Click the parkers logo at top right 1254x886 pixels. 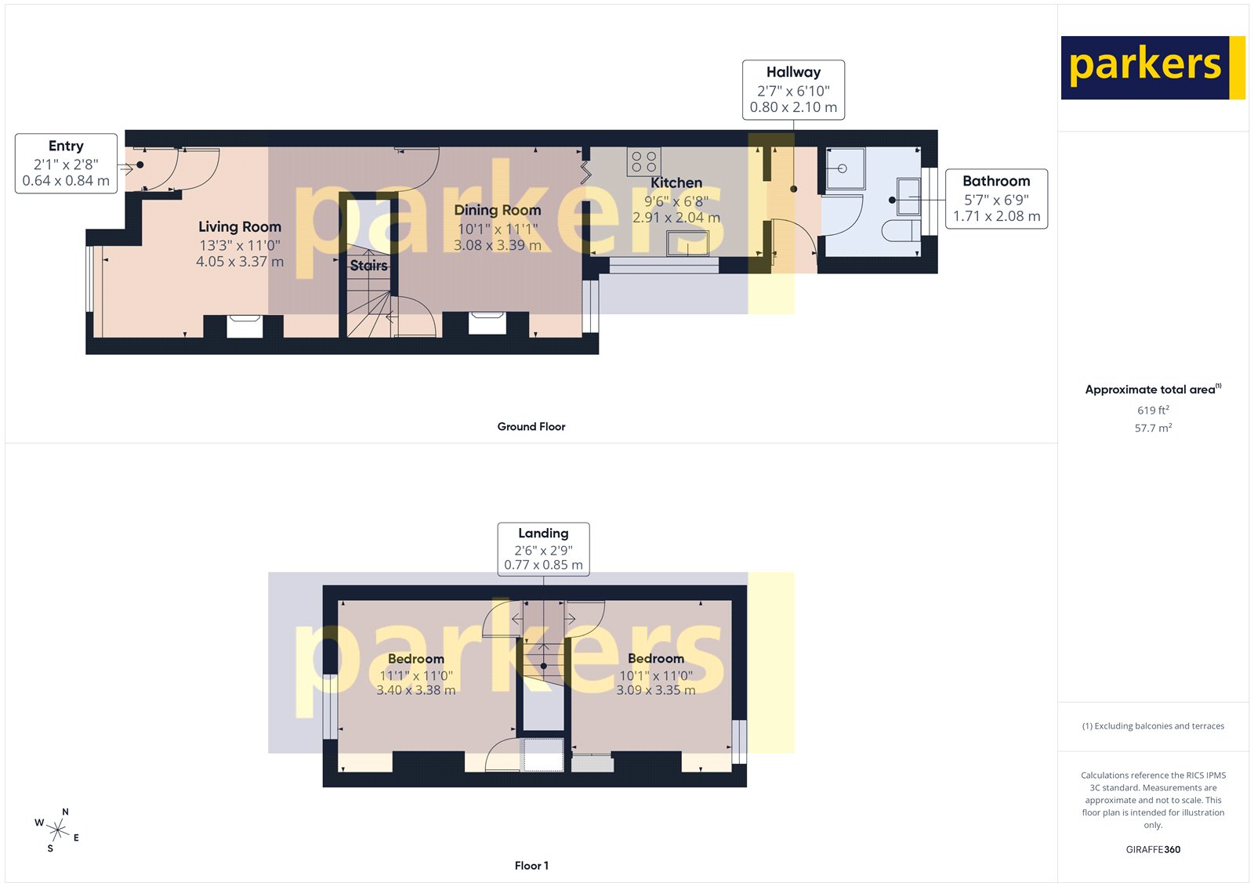click(1152, 67)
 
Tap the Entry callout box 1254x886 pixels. click(66, 163)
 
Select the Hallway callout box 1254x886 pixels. click(793, 89)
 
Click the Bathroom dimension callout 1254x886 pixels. click(996, 199)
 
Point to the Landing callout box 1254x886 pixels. click(543, 549)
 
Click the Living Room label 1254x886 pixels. click(239, 227)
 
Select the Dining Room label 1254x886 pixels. click(497, 211)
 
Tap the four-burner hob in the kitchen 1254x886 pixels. click(643, 161)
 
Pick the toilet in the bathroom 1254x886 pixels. click(901, 230)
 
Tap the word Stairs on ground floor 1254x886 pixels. click(368, 266)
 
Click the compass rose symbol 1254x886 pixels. click(57, 829)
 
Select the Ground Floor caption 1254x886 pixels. click(531, 427)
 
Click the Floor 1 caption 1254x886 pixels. click(531, 866)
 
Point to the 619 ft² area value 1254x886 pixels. click(1153, 410)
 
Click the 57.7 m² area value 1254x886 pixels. click(1153, 429)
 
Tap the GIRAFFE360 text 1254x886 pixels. click(1153, 849)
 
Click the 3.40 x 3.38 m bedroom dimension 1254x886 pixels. click(415, 690)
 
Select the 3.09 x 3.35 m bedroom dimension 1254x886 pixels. click(655, 690)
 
